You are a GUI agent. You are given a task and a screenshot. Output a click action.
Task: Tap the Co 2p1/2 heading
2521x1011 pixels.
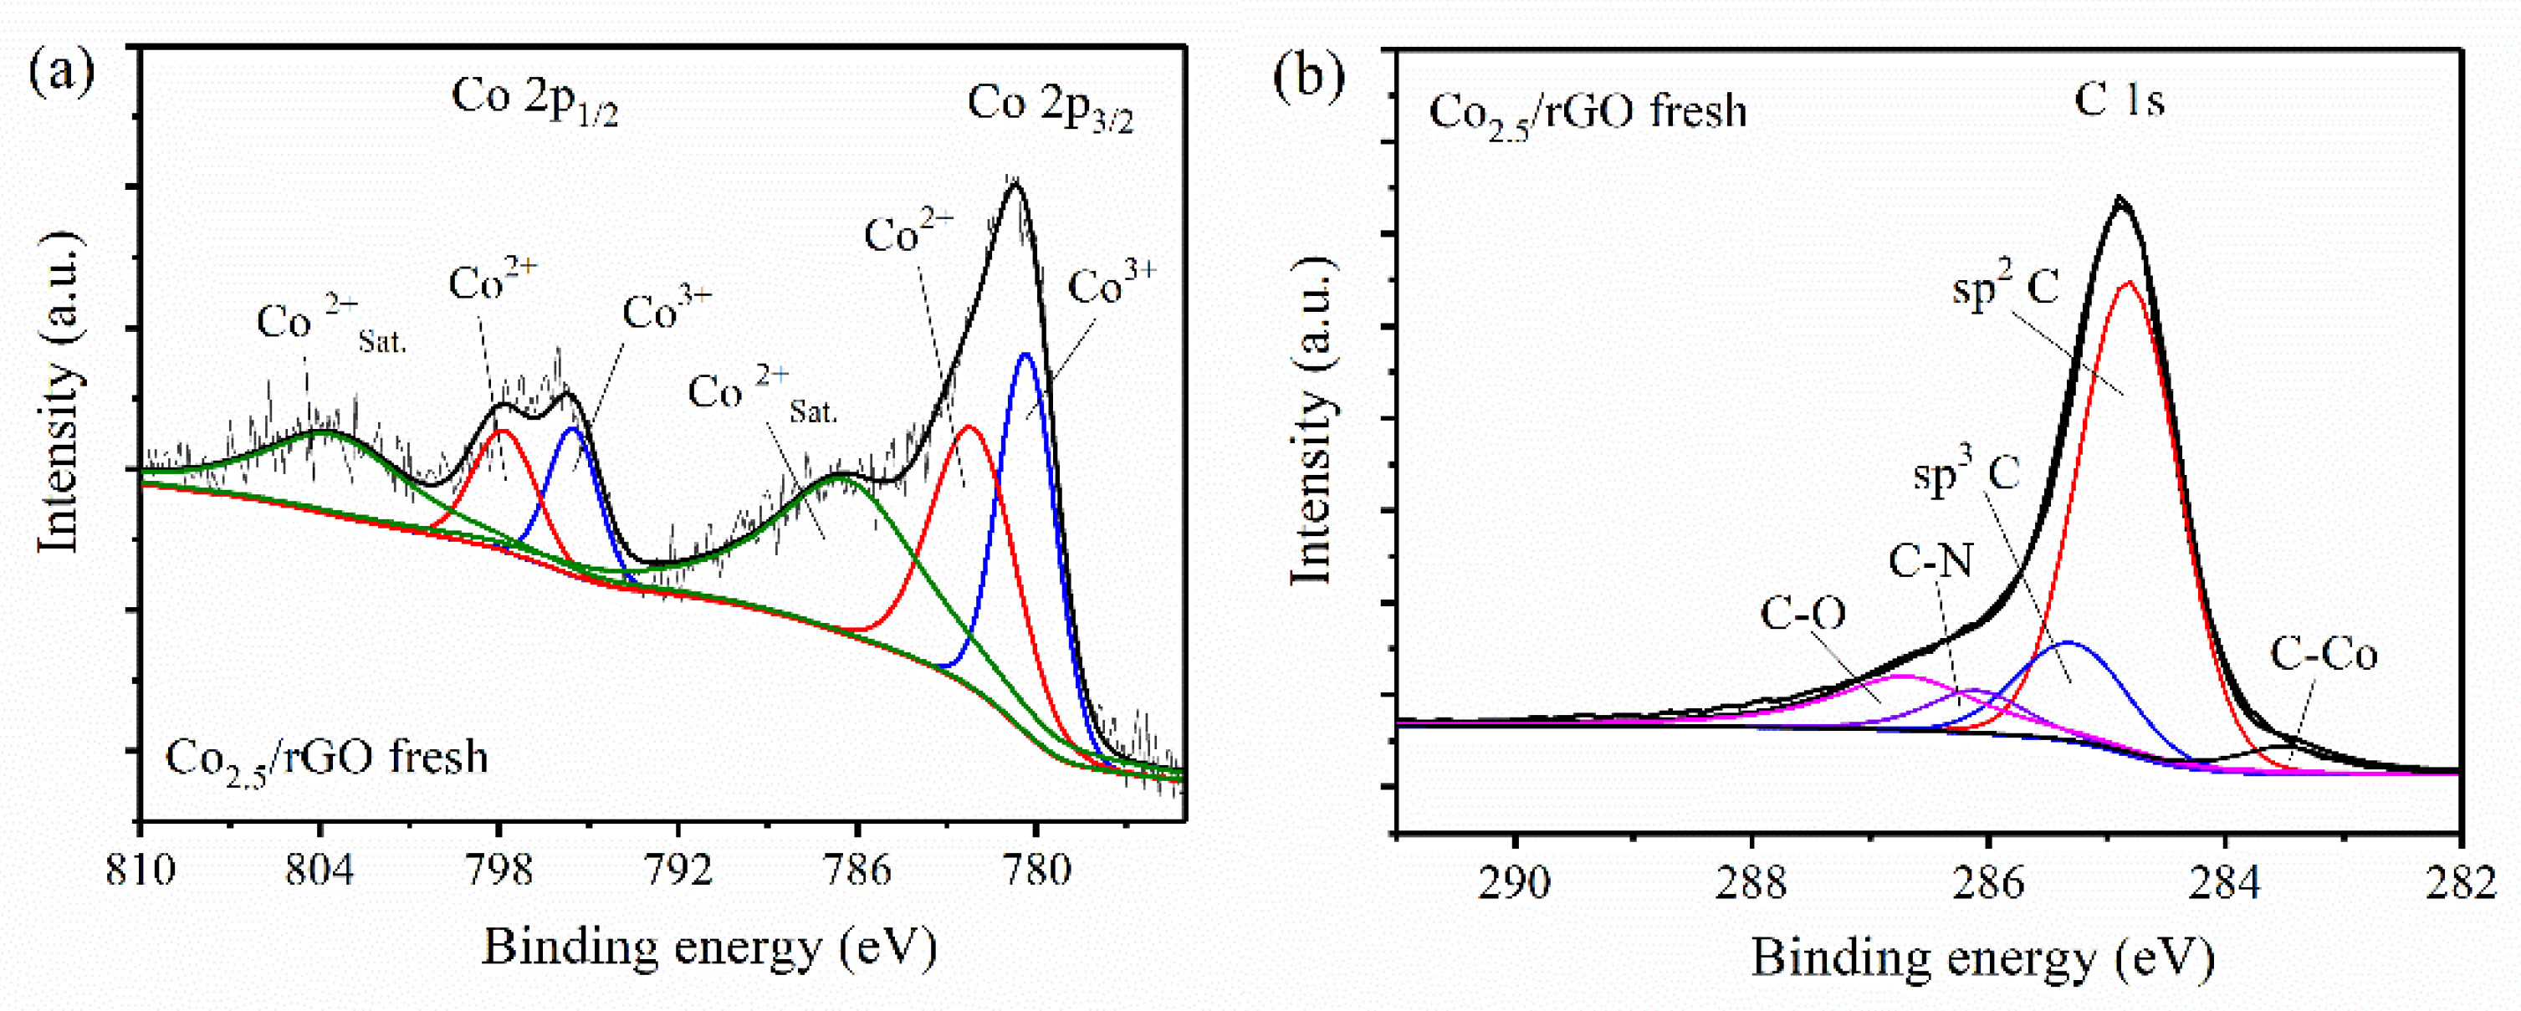[x=534, y=101]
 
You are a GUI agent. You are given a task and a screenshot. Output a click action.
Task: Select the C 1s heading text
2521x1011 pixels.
[x=2119, y=100]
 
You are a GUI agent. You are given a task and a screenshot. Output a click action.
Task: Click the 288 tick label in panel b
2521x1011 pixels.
[x=1751, y=883]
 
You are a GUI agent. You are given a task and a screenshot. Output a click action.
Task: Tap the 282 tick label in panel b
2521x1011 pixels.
[x=2460, y=883]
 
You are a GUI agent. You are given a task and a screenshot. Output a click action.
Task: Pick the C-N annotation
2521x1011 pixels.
[x=1930, y=562]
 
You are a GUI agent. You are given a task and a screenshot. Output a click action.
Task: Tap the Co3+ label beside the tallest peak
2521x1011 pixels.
[x=1112, y=285]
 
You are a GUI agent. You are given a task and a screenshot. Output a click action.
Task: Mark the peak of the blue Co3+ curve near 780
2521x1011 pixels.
[x=1025, y=355]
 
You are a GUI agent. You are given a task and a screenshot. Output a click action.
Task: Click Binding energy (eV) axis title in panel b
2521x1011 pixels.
[x=1982, y=957]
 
